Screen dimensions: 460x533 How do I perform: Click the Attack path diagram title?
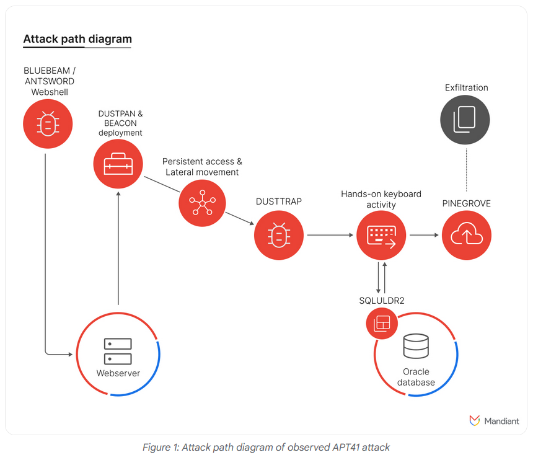[77, 39]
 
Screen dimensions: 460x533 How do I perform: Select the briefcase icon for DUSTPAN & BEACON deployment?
[118, 164]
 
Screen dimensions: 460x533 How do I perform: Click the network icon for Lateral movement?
[202, 201]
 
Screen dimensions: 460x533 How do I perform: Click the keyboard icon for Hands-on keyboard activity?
[381, 236]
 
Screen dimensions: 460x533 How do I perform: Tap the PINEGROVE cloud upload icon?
[467, 236]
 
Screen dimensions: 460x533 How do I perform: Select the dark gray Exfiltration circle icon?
[465, 120]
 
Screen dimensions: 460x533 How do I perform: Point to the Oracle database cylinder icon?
[415, 347]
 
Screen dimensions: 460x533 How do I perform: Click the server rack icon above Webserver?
[118, 352]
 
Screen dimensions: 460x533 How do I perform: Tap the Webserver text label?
[118, 373]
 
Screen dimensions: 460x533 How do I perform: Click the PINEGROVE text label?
[467, 203]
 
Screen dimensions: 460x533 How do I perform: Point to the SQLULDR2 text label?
[382, 301]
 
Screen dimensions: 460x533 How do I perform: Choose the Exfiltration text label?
[466, 87]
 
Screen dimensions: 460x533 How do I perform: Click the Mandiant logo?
[494, 421]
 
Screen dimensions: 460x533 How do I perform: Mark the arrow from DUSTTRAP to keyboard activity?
[330, 236]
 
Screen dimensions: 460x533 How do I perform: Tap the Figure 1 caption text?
[266, 447]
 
